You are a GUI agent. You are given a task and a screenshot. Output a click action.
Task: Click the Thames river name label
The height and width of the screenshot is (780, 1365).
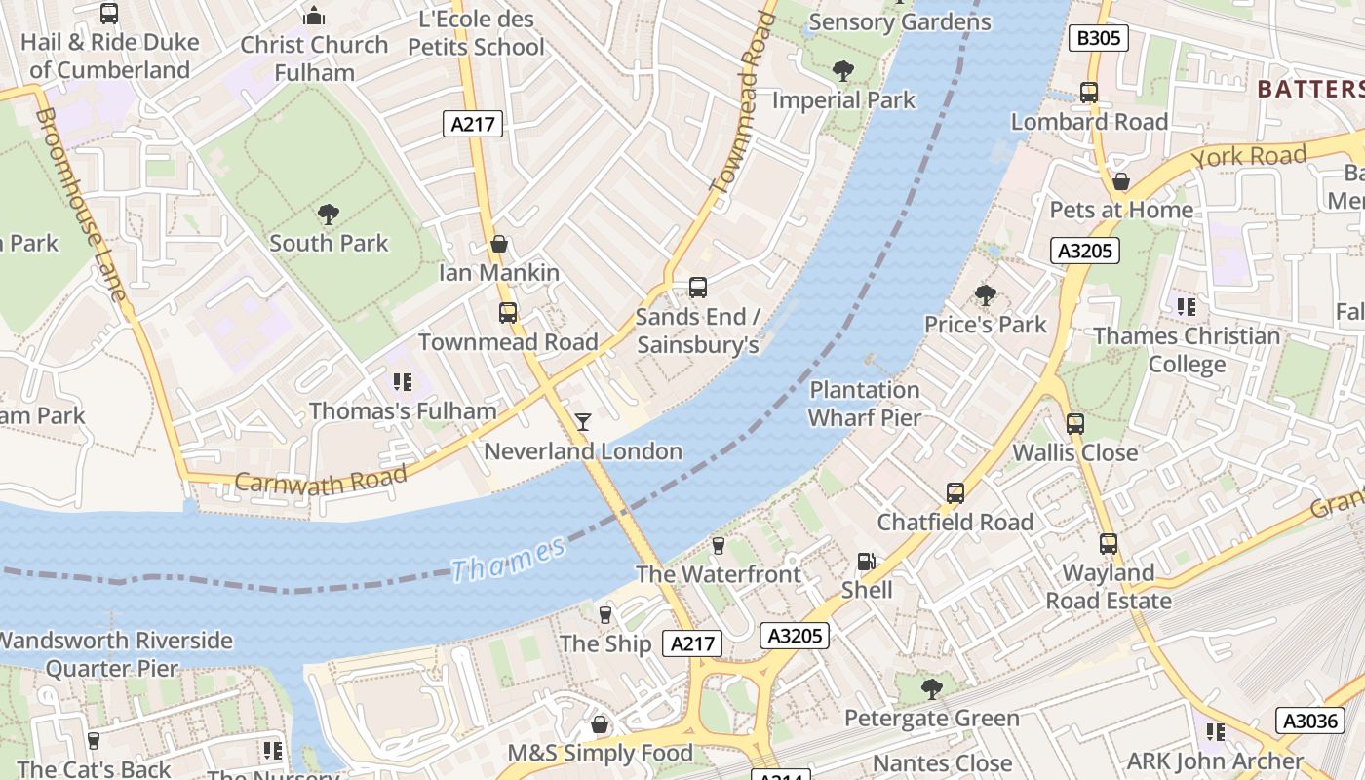(x=508, y=559)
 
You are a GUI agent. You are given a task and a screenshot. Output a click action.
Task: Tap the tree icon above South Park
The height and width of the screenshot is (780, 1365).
(x=329, y=214)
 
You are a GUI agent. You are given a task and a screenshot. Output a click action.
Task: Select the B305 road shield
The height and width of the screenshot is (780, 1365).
(x=1099, y=38)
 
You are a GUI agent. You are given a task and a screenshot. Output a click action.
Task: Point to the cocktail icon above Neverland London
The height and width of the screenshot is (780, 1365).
(x=583, y=421)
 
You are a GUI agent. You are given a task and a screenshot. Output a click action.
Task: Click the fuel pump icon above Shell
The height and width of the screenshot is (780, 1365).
(x=866, y=562)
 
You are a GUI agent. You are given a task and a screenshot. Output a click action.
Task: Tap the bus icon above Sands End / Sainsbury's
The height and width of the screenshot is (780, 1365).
(x=697, y=287)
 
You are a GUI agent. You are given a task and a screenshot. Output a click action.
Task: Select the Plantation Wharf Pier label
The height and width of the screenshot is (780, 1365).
(x=865, y=404)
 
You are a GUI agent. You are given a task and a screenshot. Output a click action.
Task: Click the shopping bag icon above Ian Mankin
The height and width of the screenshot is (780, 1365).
(x=499, y=244)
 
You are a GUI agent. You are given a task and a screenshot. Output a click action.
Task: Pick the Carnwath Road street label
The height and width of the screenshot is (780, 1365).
(x=321, y=480)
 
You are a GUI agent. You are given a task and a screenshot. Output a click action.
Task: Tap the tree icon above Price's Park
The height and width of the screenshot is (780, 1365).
(x=985, y=294)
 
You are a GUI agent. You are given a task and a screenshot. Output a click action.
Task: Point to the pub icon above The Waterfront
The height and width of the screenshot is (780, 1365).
(x=719, y=545)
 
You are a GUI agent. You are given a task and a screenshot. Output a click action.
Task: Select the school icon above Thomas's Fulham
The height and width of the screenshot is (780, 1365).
(x=403, y=381)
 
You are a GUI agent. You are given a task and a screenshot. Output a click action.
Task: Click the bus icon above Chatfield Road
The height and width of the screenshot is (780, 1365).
(x=955, y=493)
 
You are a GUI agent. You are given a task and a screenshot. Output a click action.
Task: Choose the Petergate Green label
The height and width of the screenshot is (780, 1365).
(x=931, y=719)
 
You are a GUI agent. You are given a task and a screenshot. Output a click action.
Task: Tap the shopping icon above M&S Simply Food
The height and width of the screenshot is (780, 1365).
(x=600, y=724)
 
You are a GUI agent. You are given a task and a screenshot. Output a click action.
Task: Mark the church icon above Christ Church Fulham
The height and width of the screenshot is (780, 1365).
(x=314, y=16)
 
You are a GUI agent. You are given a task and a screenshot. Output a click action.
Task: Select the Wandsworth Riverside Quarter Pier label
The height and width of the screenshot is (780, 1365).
(x=114, y=654)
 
